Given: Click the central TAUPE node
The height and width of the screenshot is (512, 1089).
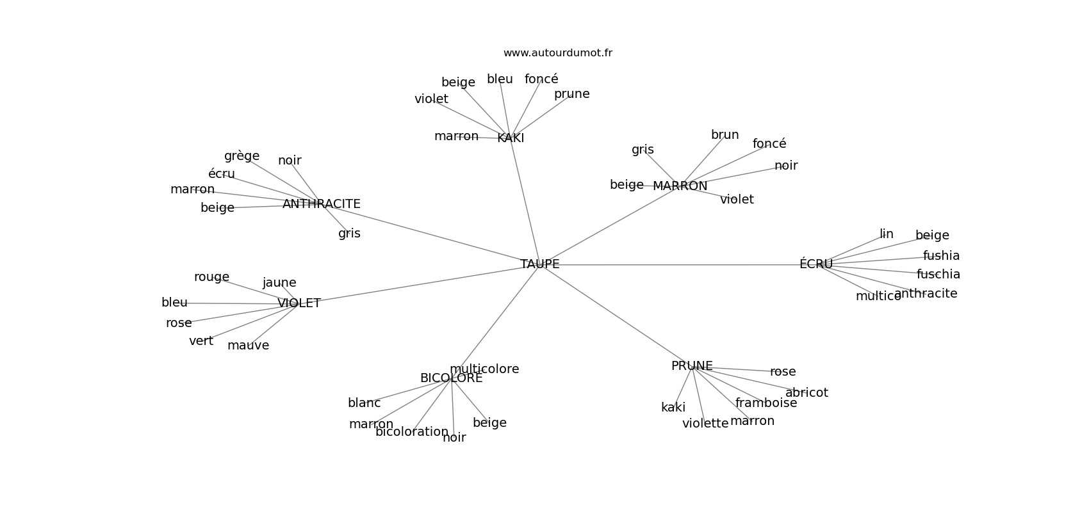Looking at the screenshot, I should (539, 264).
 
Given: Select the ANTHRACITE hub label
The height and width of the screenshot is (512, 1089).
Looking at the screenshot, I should (321, 204).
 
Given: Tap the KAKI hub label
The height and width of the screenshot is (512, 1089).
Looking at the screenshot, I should (511, 138).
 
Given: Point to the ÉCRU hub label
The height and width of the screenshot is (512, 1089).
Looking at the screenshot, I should (815, 264).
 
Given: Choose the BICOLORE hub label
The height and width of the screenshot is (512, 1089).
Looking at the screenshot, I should (451, 378).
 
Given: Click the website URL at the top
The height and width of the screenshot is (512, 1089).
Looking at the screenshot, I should (557, 53).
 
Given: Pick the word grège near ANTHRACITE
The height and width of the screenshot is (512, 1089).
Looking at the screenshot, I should (242, 156).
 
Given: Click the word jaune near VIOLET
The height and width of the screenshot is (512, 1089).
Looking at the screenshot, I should (279, 283).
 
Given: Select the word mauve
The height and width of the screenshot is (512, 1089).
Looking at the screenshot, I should (248, 346).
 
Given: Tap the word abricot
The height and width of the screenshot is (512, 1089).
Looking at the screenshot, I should (807, 393).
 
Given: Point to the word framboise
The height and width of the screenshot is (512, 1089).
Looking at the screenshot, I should (766, 403).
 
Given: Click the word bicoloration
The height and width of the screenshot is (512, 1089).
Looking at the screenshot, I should (412, 432).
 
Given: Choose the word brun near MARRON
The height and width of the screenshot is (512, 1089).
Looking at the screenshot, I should (725, 135).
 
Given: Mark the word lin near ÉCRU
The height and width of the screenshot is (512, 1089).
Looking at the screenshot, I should (886, 234).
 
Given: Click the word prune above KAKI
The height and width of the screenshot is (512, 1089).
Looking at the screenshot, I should (571, 94).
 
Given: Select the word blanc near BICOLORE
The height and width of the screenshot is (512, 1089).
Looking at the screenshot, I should (364, 403).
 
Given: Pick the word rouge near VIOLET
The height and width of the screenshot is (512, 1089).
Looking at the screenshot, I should (211, 277).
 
